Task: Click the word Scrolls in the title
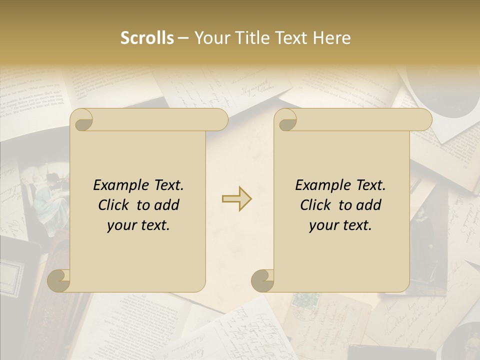click(x=147, y=38)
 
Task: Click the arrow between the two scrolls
click(x=237, y=198)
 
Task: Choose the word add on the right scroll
click(x=369, y=205)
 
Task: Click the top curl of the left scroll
click(x=81, y=120)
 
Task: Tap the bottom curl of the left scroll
click(x=58, y=280)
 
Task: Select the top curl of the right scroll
click(x=285, y=120)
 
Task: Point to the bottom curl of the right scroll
click(x=262, y=280)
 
